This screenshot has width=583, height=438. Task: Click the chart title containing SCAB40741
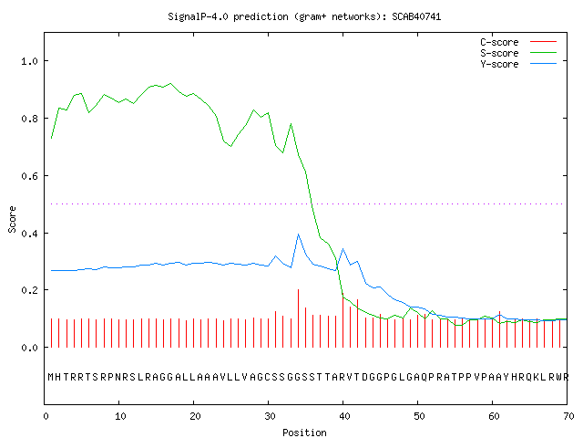tap(304, 16)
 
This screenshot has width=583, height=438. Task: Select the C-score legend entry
tap(518, 42)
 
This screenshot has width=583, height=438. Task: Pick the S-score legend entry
tap(518, 53)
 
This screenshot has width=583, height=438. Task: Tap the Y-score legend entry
tap(518, 64)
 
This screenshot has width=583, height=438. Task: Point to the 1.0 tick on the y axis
tap(29, 61)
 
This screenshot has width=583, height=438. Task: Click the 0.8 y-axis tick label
tap(29, 119)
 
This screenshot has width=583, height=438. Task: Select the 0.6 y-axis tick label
tap(29, 176)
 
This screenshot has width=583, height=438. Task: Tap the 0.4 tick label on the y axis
tap(29, 234)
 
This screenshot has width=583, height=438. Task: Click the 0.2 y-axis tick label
tap(29, 290)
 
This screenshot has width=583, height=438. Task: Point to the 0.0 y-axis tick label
tap(29, 348)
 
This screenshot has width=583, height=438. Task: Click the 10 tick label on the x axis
tap(120, 416)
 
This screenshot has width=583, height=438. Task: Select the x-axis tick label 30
tap(270, 416)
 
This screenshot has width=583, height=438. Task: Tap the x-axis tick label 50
tap(419, 416)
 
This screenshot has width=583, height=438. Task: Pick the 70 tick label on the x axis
tap(568, 416)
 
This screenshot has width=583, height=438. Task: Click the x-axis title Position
tap(304, 433)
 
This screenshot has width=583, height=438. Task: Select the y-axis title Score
tap(12, 219)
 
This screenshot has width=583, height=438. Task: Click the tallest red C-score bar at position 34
tap(298, 318)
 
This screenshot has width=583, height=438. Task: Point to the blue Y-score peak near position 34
tap(298, 235)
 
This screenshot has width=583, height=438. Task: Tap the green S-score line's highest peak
tap(170, 83)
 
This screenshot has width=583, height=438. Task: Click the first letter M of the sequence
tap(51, 377)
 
